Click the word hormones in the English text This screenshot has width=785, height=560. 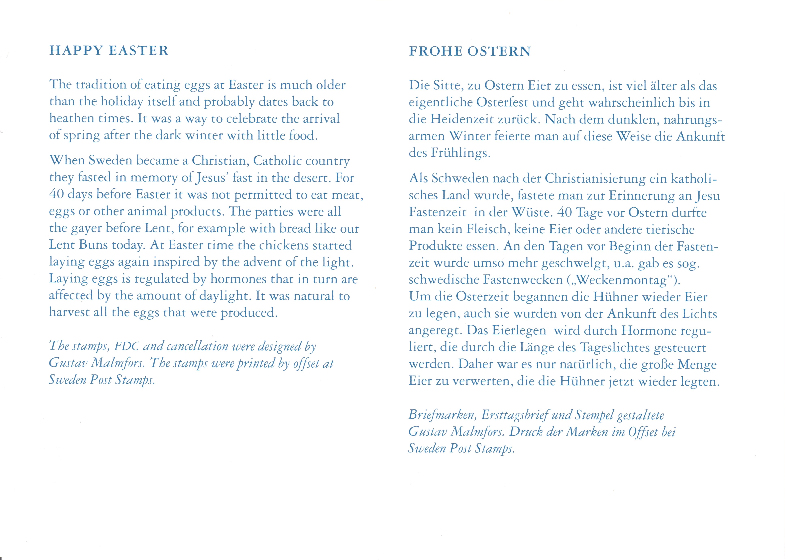pyautogui.click(x=238, y=279)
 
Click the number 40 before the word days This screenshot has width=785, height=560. pyautogui.click(x=56, y=194)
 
